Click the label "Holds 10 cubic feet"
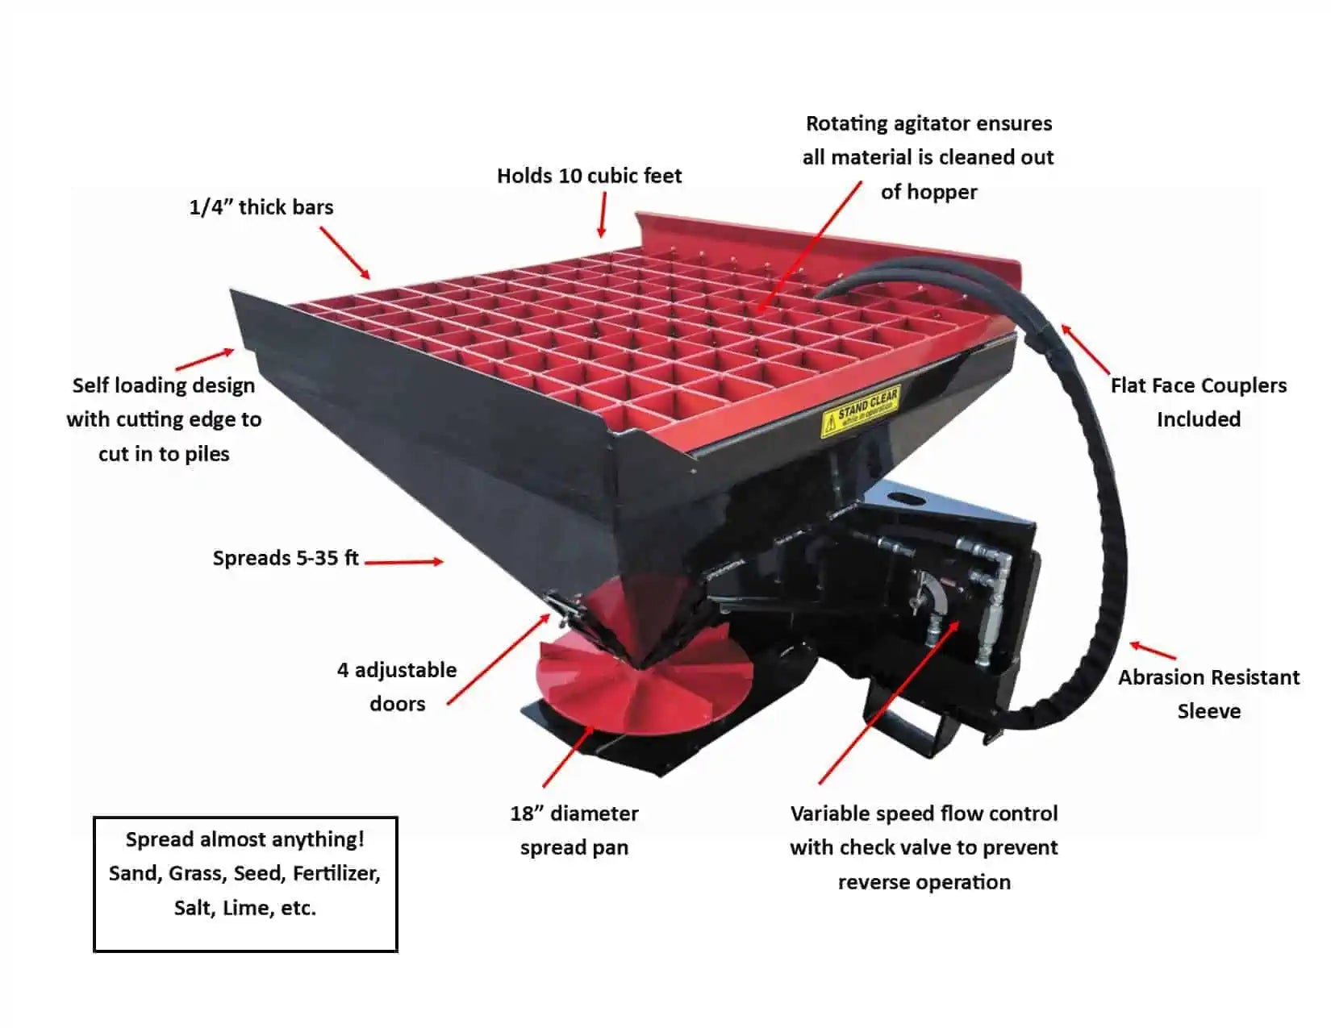(x=589, y=176)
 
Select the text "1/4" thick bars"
(x=261, y=207)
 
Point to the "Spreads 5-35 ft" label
(x=286, y=558)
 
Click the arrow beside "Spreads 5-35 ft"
(x=403, y=561)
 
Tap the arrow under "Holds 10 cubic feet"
(x=603, y=214)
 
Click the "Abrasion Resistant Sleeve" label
(x=1208, y=693)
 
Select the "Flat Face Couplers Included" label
(x=1199, y=402)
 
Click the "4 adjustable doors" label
(x=397, y=686)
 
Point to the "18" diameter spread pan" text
(x=574, y=830)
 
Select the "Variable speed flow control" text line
(x=924, y=813)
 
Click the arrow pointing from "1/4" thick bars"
(x=344, y=253)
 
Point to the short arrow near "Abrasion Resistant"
(x=1152, y=650)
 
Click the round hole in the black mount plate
(x=909, y=500)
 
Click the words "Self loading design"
(x=164, y=385)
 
